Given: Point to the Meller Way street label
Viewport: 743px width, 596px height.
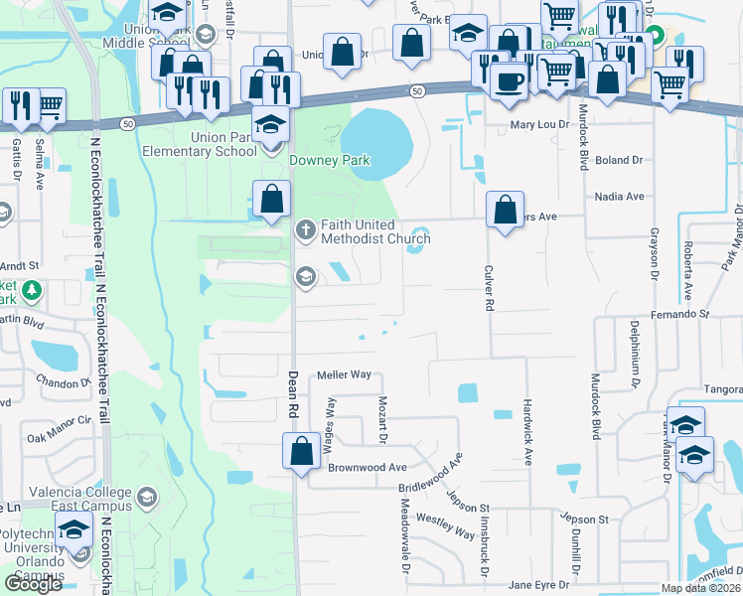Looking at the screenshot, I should click(344, 375).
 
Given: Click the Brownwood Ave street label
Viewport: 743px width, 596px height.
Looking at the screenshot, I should click(369, 467).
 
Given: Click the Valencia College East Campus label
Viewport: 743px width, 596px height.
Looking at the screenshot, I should click(66, 499).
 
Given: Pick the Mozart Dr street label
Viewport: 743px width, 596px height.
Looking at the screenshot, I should click(382, 419).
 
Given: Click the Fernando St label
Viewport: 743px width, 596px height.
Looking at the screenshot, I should click(685, 314).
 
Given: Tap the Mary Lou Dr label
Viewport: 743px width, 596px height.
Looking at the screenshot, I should click(540, 125).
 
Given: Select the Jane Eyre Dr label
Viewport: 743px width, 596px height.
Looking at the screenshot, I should click(542, 585).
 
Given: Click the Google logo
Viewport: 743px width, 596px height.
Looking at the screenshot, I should click(33, 583).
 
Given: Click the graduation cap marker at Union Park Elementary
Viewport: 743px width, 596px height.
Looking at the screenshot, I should click(268, 125).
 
